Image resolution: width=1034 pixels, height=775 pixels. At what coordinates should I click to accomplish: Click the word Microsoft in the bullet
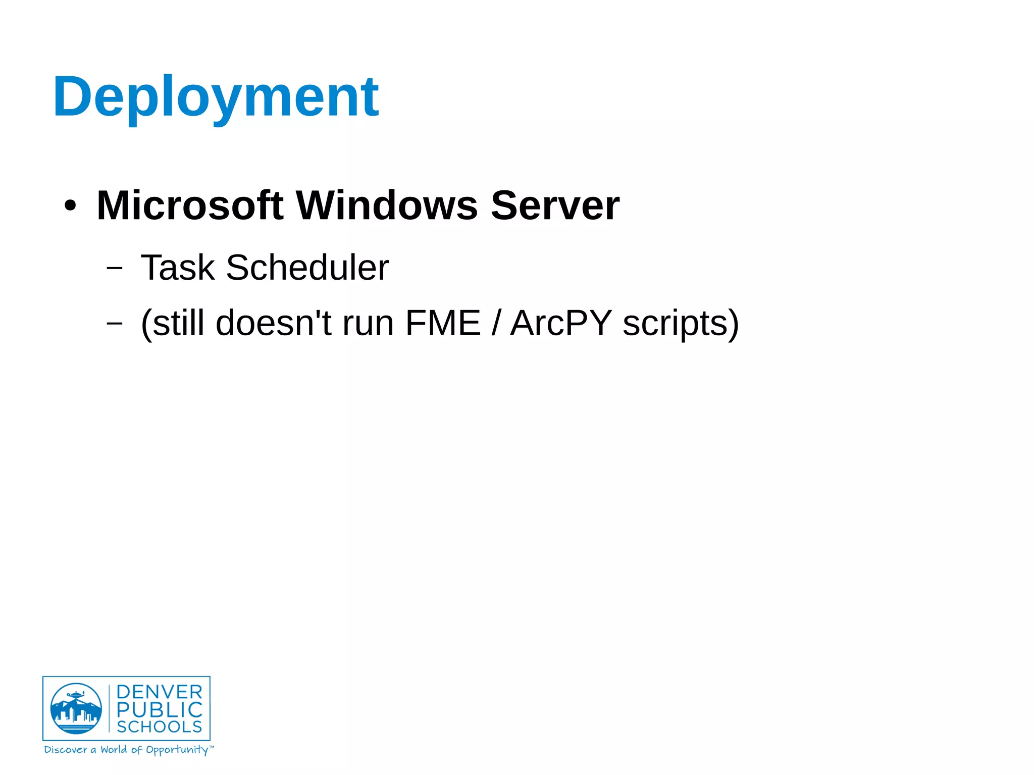click(190, 205)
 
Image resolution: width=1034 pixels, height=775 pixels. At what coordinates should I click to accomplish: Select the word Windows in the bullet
click(387, 205)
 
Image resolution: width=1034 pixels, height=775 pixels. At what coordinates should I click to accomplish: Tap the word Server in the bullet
click(555, 205)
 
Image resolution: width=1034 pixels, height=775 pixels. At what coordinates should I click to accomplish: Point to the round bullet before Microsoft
click(70, 206)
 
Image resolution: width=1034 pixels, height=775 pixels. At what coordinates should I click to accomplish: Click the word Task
click(178, 268)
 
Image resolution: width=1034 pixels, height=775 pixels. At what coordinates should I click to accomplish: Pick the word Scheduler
click(307, 268)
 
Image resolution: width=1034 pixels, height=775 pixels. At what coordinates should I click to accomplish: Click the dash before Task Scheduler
click(115, 268)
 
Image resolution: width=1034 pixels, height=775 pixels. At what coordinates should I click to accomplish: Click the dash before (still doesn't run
click(115, 323)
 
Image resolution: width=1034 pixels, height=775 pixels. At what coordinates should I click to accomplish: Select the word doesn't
click(273, 323)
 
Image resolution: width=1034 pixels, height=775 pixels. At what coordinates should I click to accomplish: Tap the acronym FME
click(443, 323)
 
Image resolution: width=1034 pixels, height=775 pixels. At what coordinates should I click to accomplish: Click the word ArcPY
click(561, 323)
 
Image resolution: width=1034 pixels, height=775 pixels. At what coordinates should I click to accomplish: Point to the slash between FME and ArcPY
click(496, 323)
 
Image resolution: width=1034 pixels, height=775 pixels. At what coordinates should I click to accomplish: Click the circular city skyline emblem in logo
click(76, 708)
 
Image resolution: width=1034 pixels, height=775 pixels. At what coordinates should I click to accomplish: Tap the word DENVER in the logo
click(160, 692)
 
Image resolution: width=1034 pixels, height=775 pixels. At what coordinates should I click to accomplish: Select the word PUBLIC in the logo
click(160, 710)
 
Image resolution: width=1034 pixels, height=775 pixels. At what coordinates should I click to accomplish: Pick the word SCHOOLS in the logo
click(160, 727)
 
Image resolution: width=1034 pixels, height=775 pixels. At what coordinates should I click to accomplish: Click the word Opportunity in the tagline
click(177, 750)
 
